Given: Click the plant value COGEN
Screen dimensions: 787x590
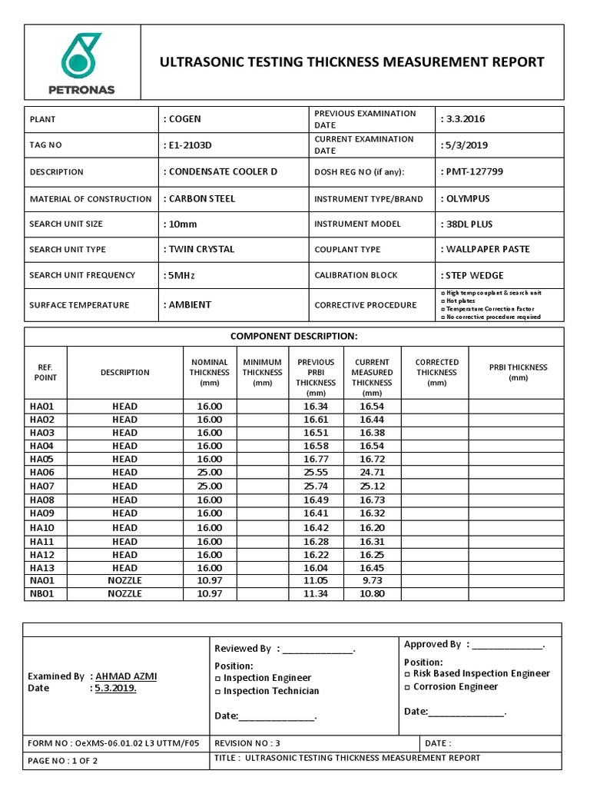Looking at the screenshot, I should tap(184, 119).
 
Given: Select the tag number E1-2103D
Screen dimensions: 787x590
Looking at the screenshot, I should tap(190, 145).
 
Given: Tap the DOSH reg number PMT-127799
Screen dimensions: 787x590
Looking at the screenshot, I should tap(472, 171).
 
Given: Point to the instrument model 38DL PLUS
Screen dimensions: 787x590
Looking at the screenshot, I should tap(467, 224).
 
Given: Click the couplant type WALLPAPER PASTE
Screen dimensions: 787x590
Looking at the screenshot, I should tap(485, 250).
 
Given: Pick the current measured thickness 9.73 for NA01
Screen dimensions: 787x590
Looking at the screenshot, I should tap(372, 581).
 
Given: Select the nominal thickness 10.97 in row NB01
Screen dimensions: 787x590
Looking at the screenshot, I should tap(209, 594).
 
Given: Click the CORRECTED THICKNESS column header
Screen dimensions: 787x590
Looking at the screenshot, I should tap(436, 372).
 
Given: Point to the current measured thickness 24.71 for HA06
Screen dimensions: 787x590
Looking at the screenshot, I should tap(372, 473).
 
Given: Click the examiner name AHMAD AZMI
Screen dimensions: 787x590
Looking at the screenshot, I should tap(125, 676).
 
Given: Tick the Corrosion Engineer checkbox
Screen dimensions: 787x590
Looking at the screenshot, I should tap(407, 687).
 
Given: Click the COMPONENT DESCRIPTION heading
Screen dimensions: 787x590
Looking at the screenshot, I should tap(294, 337).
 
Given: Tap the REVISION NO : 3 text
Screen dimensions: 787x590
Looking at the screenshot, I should tap(247, 743).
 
